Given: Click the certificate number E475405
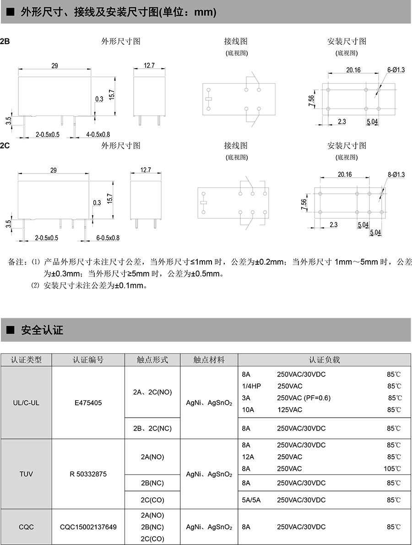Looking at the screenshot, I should click(x=88, y=403).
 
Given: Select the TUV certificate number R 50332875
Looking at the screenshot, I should click(x=88, y=474).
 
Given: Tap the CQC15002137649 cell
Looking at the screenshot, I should click(x=88, y=527).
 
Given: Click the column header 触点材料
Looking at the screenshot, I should click(x=209, y=360).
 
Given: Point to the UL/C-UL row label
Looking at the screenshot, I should click(x=26, y=403).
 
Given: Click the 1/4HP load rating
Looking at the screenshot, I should click(x=251, y=386).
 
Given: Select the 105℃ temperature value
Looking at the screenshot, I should click(x=392, y=469).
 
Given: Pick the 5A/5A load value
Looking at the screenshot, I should click(x=251, y=500).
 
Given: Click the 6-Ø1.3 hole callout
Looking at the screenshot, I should click(x=396, y=70).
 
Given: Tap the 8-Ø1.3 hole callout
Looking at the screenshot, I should click(x=396, y=174).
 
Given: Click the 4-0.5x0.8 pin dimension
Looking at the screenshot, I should click(x=98, y=134).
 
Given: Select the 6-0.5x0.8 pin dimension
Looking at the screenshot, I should click(x=108, y=238).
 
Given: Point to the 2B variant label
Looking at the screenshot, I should click(x=5, y=41).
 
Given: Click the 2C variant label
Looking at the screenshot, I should click(x=5, y=146).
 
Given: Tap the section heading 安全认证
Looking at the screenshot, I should click(x=42, y=330).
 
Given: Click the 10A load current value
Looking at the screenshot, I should click(x=248, y=410).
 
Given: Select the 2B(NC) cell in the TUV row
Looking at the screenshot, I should click(x=152, y=483).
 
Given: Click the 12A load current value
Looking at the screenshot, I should click(x=248, y=457).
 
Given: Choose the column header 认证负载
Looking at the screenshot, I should click(x=324, y=360).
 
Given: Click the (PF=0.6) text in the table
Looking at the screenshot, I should click(x=317, y=398).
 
